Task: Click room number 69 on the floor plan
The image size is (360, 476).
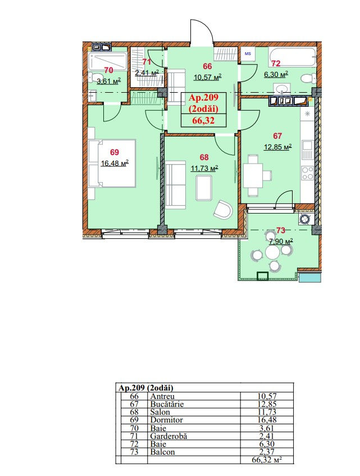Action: (115, 152)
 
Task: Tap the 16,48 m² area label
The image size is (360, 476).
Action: (115, 164)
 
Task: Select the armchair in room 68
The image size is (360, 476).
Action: (223, 210)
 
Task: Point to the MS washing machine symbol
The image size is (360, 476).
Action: (248, 55)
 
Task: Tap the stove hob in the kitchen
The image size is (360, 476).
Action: (307, 173)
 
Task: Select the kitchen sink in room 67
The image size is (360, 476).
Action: (307, 150)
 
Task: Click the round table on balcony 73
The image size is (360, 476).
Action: (272, 252)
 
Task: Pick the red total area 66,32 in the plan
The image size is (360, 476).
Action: (203, 120)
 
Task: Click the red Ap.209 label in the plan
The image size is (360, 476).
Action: (203, 97)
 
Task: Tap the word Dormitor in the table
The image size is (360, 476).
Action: (166, 420)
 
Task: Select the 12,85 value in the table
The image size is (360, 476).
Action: (267, 404)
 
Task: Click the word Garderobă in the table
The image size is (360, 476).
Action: (168, 436)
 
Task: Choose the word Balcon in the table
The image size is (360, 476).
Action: (162, 452)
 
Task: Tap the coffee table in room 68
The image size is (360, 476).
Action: (204, 188)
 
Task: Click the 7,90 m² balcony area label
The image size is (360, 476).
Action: (281, 242)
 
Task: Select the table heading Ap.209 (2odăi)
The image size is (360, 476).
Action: (146, 388)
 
